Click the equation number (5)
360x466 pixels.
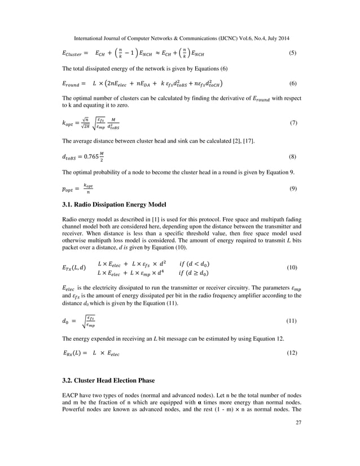292,54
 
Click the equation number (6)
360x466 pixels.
292,84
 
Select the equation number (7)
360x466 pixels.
292,122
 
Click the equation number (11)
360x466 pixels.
292,321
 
